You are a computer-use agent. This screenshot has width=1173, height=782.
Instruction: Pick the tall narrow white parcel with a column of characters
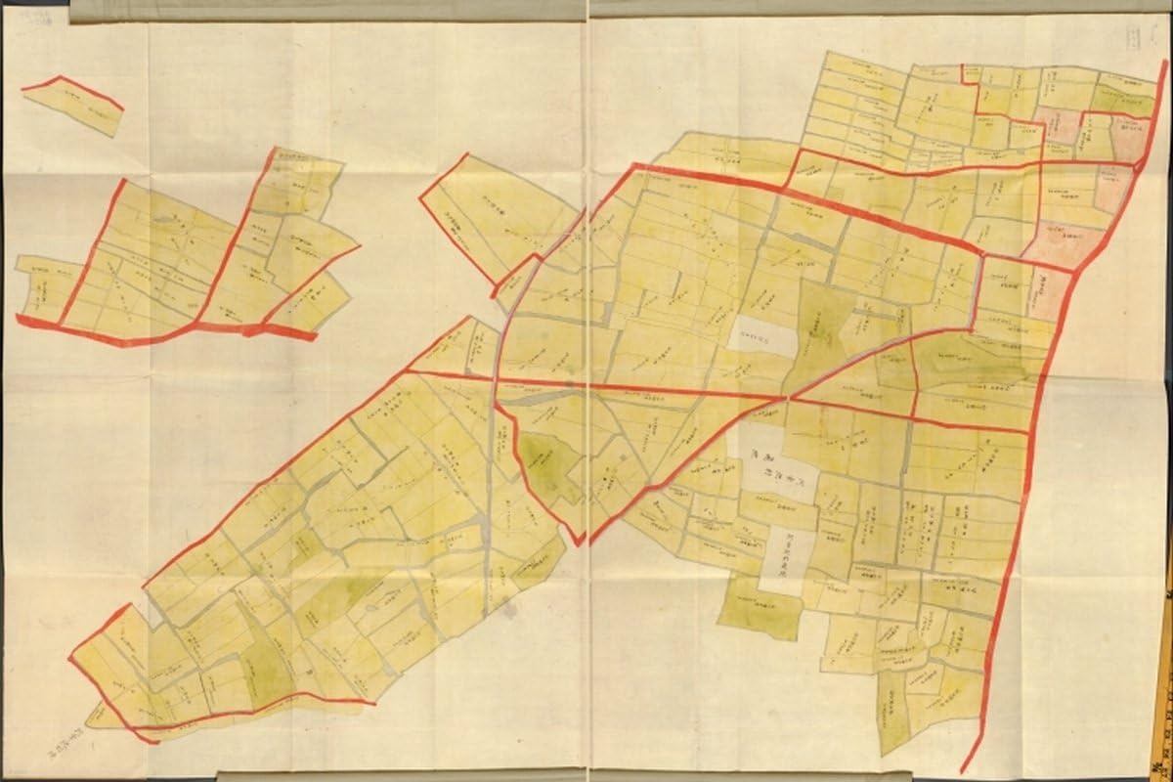pyautogui.click(x=787, y=557)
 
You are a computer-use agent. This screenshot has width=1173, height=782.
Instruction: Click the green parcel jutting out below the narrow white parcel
pyautogui.click(x=760, y=610)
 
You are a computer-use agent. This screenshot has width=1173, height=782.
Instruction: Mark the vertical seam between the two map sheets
pyautogui.click(x=586, y=391)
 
